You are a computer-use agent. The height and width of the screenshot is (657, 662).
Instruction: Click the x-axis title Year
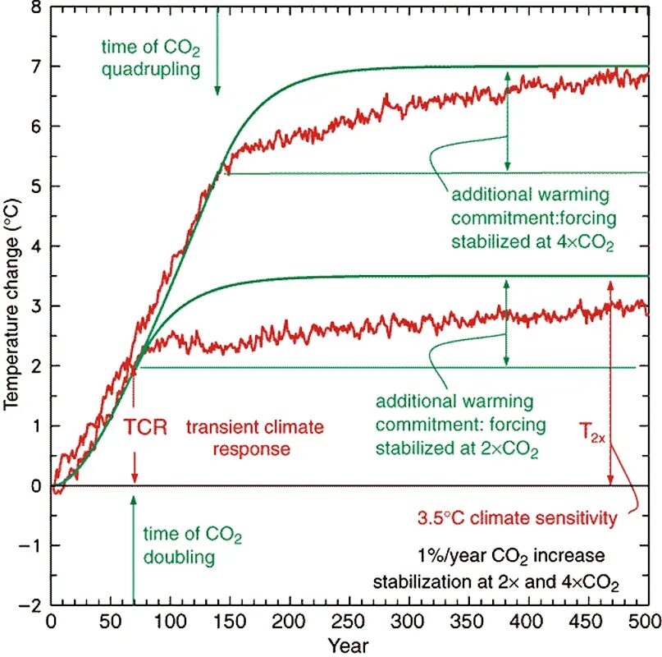tap(347, 641)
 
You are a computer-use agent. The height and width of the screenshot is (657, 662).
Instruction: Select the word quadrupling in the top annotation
tap(150, 69)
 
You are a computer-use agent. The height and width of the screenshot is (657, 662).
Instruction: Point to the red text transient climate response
tap(254, 439)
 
